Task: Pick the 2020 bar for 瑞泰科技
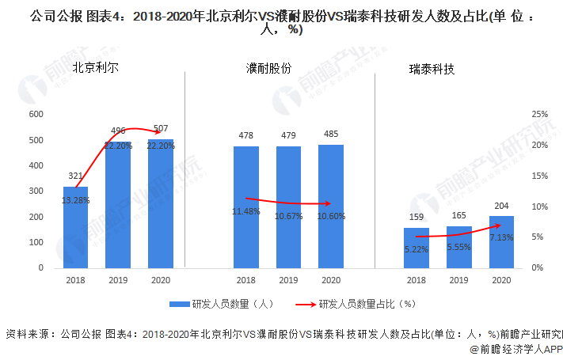500,242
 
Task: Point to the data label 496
118,131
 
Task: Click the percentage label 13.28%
76,201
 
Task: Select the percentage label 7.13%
500,237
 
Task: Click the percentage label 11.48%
246,211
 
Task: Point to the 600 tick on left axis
36,115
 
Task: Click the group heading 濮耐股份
269,69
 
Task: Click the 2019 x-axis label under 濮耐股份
288,280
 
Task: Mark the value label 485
331,135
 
